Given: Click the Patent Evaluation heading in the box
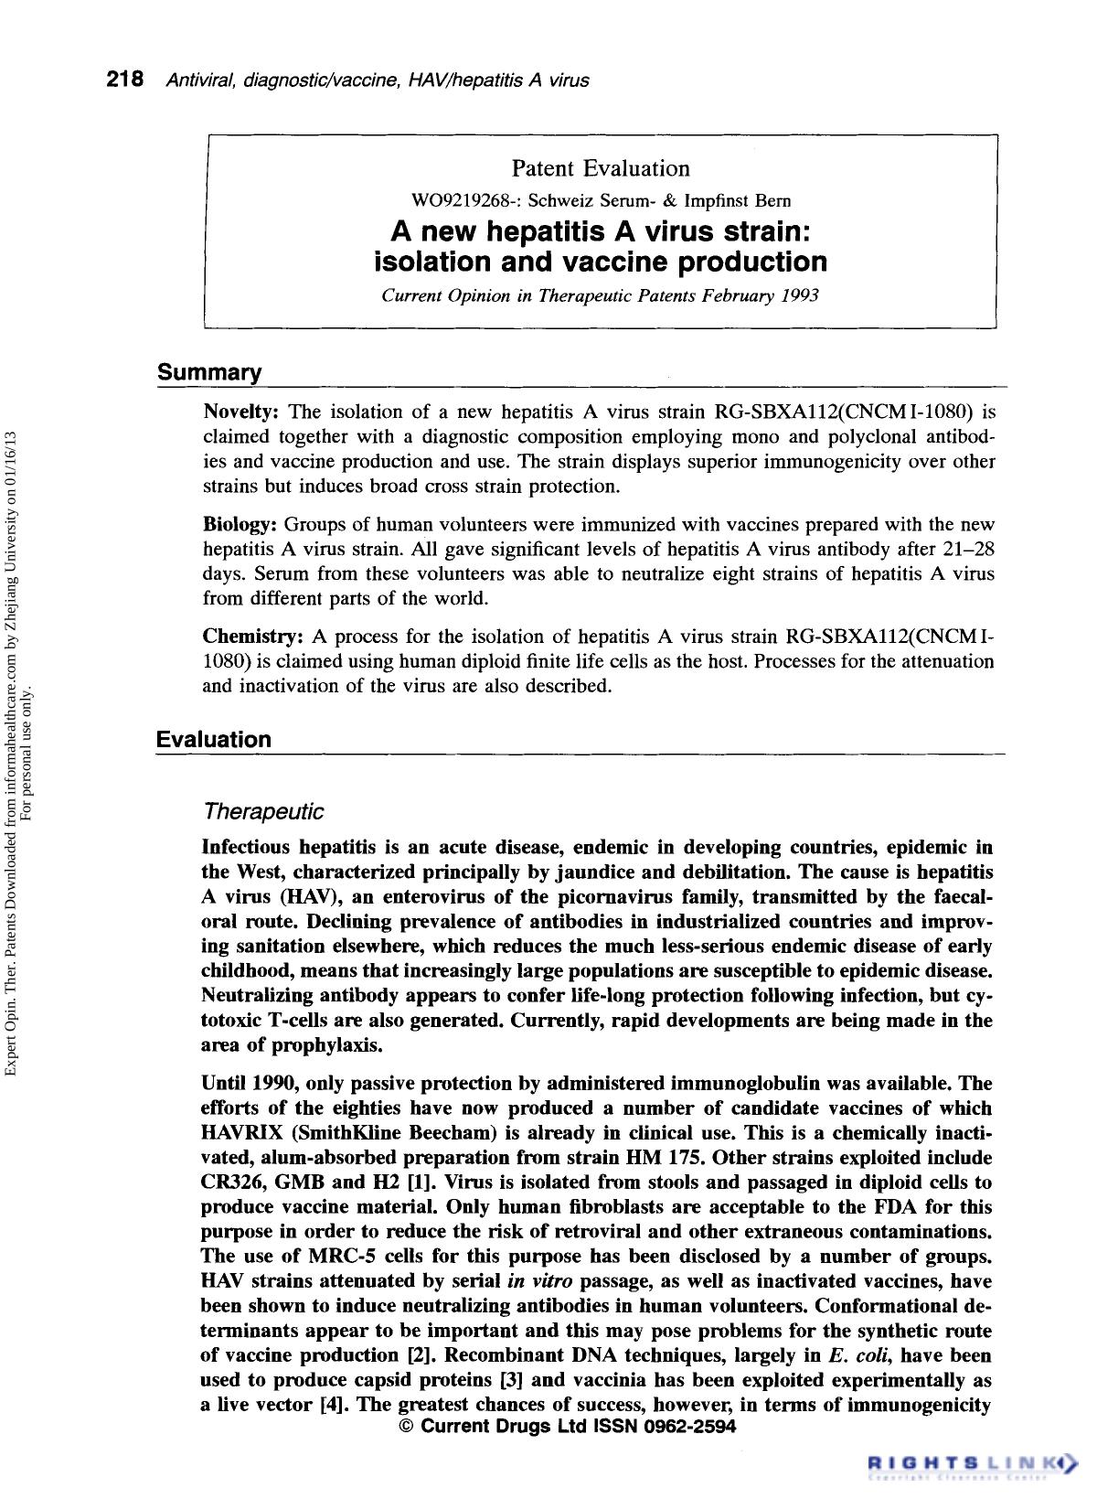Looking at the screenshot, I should coord(601,169).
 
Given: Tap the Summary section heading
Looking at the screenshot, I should coord(209,373).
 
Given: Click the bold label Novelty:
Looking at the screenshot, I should coord(240,412).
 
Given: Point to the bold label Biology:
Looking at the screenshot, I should coord(240,526).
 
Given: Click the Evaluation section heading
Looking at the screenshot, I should coord(214,740).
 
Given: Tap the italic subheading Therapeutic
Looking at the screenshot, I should coord(263,812).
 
